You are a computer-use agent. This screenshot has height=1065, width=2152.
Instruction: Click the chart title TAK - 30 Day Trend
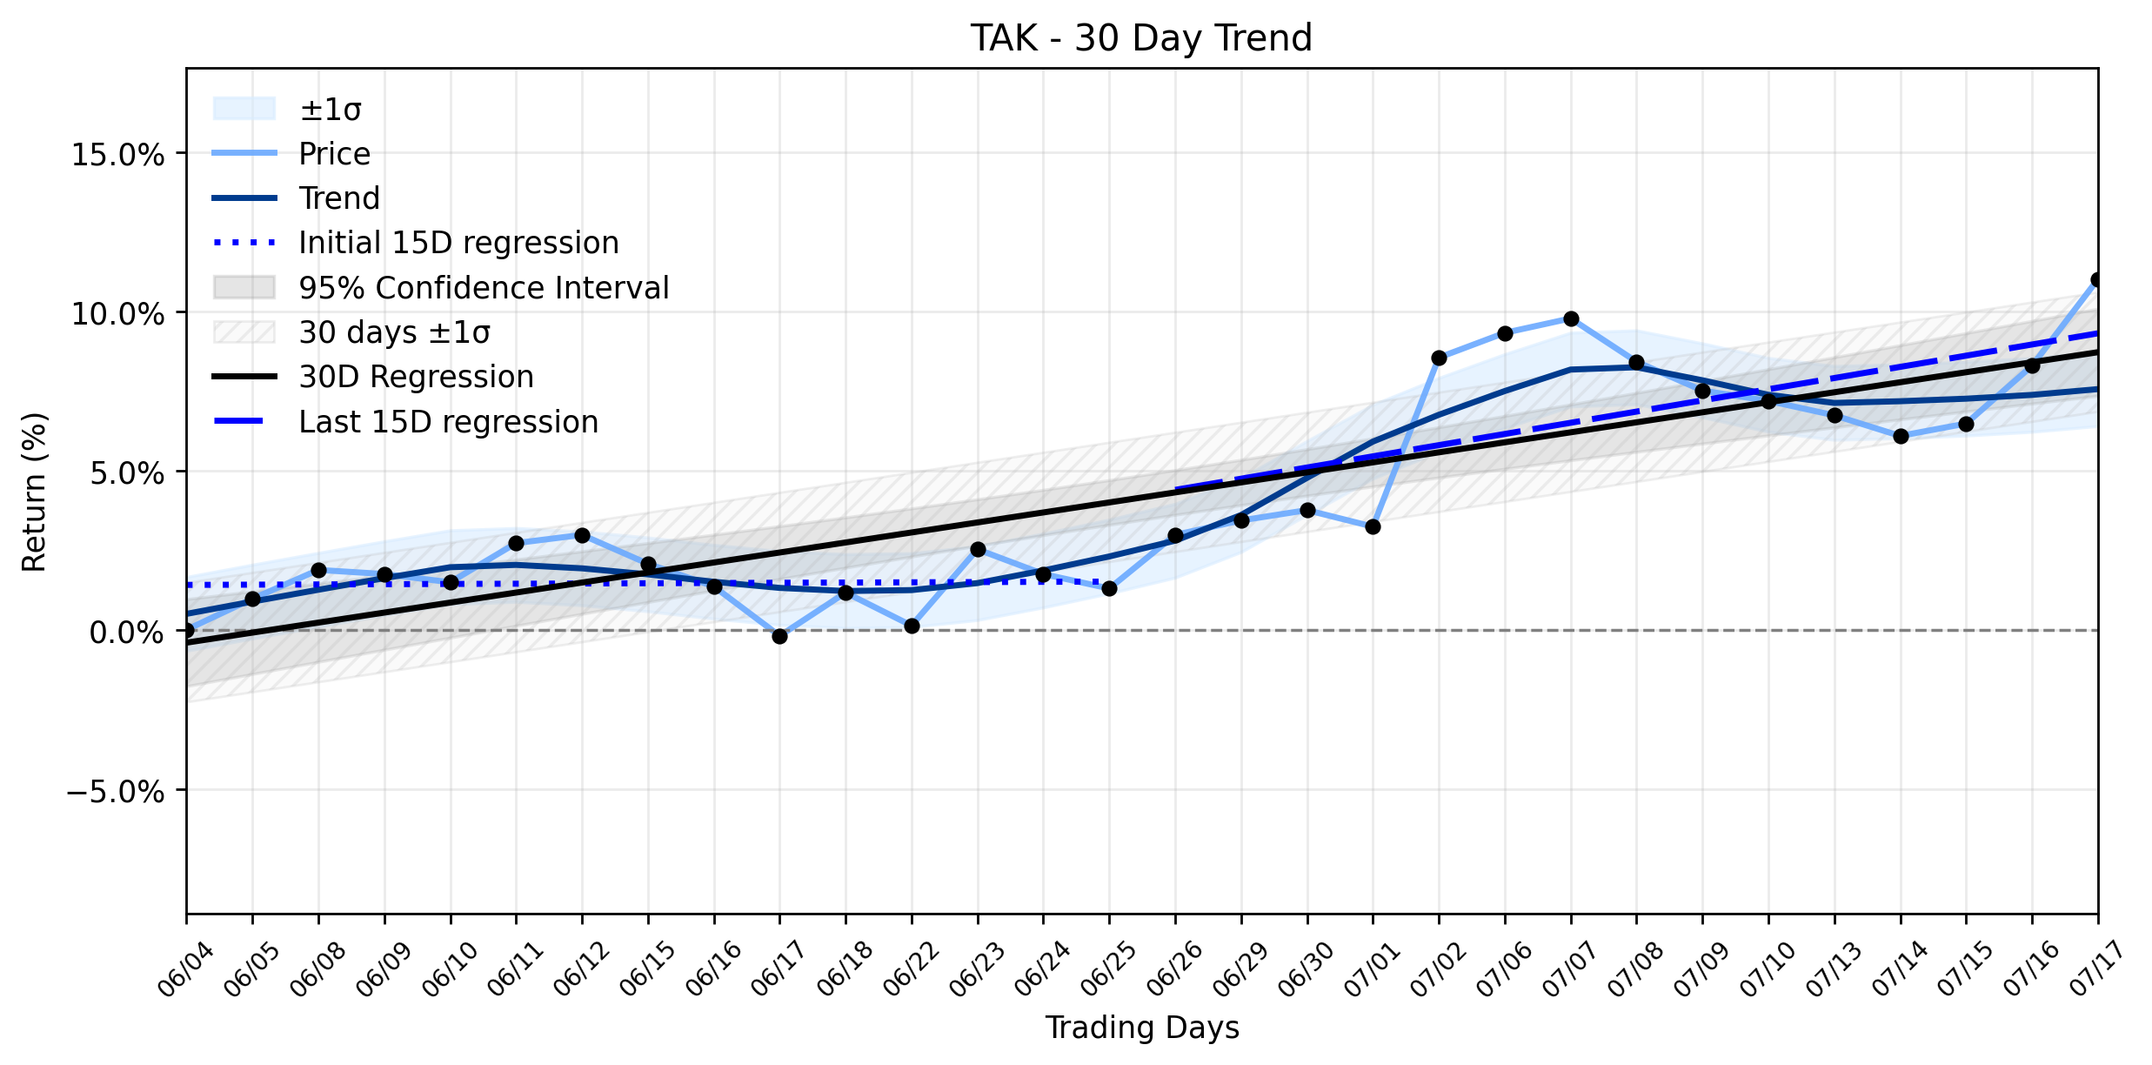coord(1140,38)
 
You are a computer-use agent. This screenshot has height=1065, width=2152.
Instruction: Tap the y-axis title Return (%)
coord(34,492)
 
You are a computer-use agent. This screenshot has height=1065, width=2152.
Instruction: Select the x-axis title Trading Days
coord(1141,1028)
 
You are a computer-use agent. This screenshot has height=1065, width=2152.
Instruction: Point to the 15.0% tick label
coord(118,155)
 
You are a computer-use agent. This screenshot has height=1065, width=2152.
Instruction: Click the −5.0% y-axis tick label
coord(116,792)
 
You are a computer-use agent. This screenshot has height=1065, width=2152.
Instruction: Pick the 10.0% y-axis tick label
coord(118,314)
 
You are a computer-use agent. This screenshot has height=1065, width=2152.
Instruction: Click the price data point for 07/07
coord(1571,319)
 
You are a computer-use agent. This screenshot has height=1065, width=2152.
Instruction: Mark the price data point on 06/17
coord(779,637)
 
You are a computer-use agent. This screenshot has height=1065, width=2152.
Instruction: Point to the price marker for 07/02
coord(1439,358)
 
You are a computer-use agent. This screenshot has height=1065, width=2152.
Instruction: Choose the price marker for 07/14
coord(1901,437)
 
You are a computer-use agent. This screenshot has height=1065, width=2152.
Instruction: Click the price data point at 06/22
coord(912,626)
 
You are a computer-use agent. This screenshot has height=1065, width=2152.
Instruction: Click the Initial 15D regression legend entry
coord(416,243)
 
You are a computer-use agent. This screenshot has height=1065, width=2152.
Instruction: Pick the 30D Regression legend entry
coord(373,377)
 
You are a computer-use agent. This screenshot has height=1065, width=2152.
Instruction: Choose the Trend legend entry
coord(297,198)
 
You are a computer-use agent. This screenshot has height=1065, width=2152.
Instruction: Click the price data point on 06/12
coord(582,536)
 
